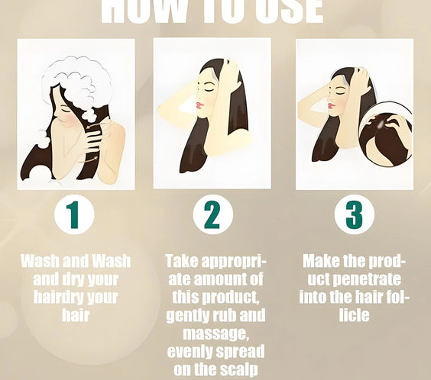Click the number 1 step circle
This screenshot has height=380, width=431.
74,215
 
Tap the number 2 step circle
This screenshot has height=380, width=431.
212,215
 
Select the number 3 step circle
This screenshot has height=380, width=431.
355,215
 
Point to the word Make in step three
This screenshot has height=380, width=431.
323,262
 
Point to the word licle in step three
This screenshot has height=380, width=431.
354,315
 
